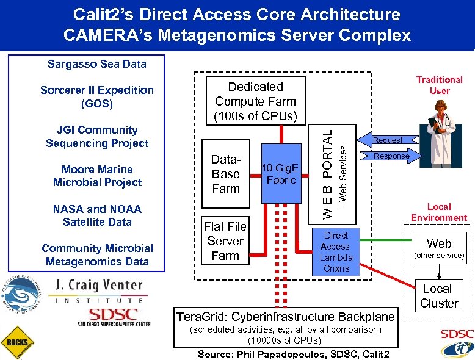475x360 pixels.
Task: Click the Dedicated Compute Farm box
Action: pos(255,101)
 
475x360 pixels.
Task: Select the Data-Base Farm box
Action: pos(226,174)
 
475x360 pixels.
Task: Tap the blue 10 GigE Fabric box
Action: pos(281,173)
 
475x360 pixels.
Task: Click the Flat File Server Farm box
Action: pos(226,241)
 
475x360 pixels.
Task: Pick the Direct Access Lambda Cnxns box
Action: pos(335,251)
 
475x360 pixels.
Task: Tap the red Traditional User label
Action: pos(439,85)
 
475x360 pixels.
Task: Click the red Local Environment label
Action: pos(438,212)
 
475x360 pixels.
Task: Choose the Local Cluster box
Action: pos(438,296)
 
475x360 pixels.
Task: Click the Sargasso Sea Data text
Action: pos(97,63)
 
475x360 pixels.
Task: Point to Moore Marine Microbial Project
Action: pos(97,176)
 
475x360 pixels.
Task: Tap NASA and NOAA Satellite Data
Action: pos(97,215)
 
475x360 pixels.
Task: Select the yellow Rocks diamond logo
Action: pos(16,342)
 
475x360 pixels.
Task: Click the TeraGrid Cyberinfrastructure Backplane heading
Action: pos(285,317)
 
